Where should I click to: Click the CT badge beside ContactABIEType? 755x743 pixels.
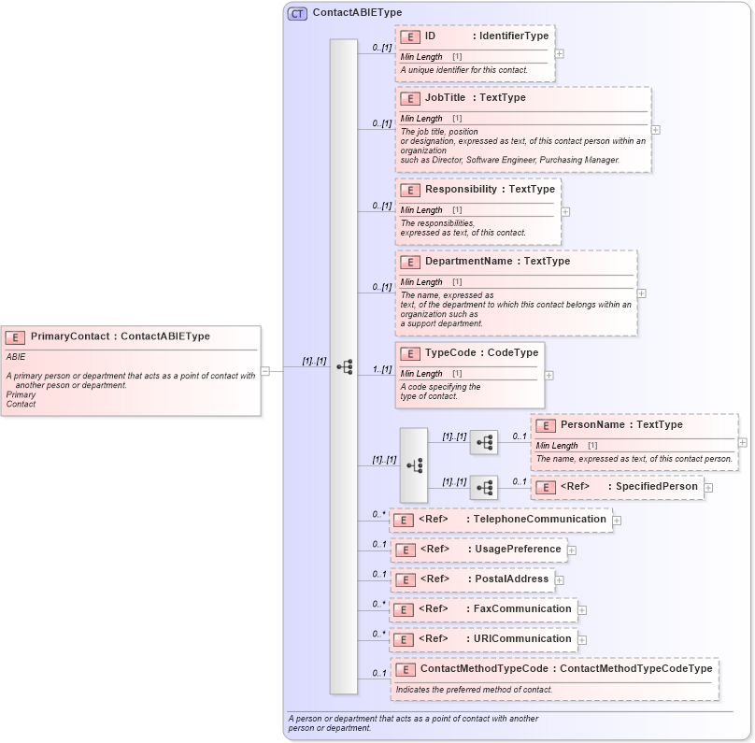coord(297,13)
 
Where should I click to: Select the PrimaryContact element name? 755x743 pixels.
coord(70,336)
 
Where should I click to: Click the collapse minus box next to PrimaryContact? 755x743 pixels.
coord(265,370)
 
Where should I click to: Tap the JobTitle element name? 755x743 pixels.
coord(445,97)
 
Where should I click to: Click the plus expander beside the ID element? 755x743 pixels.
coord(559,53)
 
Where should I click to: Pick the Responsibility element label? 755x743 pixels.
coord(461,189)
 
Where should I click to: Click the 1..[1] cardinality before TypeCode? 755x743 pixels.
coord(381,369)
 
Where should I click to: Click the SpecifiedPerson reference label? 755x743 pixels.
coord(655,486)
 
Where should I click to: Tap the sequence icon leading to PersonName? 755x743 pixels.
coord(484,442)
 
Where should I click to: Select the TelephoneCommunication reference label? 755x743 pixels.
coord(540,519)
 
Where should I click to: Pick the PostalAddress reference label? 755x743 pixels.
coord(508,579)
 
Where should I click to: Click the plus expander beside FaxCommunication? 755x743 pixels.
coord(582,610)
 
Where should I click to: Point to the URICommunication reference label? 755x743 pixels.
coord(520,638)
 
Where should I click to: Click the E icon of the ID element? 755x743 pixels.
coord(409,36)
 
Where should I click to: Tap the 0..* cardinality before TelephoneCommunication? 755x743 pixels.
coord(378,514)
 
